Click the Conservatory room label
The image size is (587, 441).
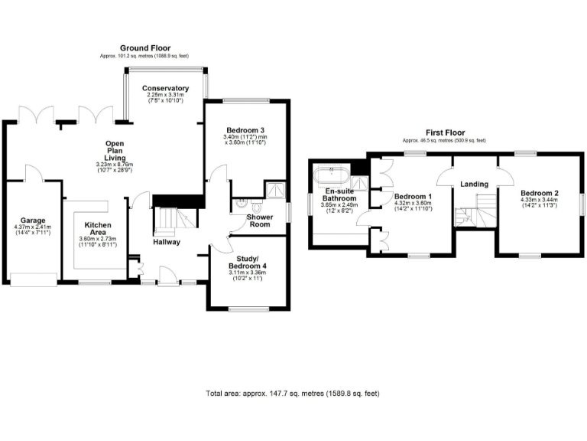[165, 88]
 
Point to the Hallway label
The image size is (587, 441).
[166, 242]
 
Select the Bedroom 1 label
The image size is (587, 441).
[413, 197]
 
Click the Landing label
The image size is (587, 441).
[474, 184]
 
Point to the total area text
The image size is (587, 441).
[292, 394]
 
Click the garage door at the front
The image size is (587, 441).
[33, 279]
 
